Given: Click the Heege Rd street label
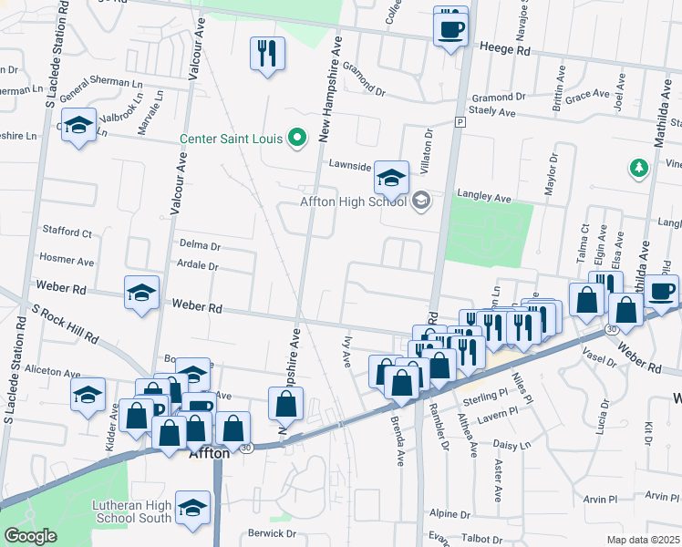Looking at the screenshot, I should click(504, 52).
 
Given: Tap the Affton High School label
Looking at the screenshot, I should click(353, 201).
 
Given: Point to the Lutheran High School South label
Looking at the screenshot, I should click(131, 511).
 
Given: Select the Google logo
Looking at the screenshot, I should click(30, 536).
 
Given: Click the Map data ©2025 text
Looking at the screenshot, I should click(643, 540).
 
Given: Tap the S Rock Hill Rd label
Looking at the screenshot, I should click(65, 325).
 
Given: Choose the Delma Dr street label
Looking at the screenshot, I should click(200, 246).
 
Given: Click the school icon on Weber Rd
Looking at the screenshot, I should click(141, 294).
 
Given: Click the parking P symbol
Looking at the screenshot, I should click(460, 121).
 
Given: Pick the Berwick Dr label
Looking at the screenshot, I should click(272, 533).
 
